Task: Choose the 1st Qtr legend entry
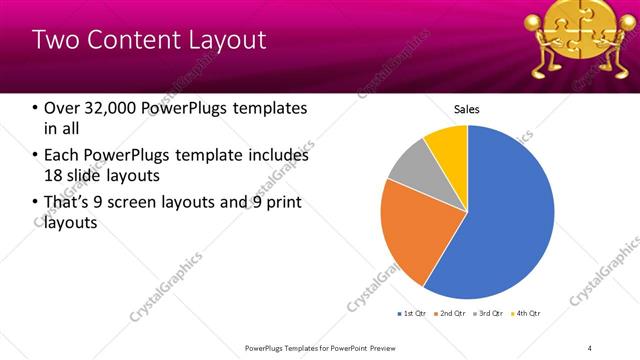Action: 411,314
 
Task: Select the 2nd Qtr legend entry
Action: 449,314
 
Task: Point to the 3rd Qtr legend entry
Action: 488,314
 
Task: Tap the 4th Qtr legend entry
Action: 526,314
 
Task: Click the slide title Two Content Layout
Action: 149,40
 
